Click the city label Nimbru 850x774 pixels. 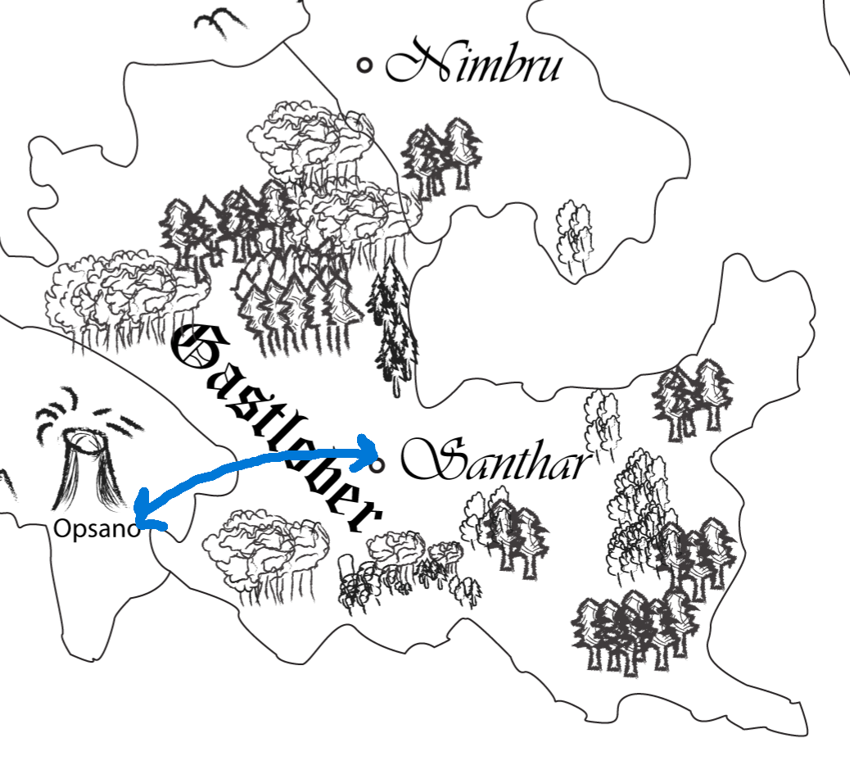coord(473,64)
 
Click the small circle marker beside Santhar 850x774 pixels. coord(378,466)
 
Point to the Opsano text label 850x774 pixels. coord(93,529)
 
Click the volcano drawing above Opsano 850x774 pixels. coord(82,471)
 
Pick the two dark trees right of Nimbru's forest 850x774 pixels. coord(441,156)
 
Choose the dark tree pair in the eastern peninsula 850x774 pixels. coord(693,397)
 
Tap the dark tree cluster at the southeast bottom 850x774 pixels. coord(635,631)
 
